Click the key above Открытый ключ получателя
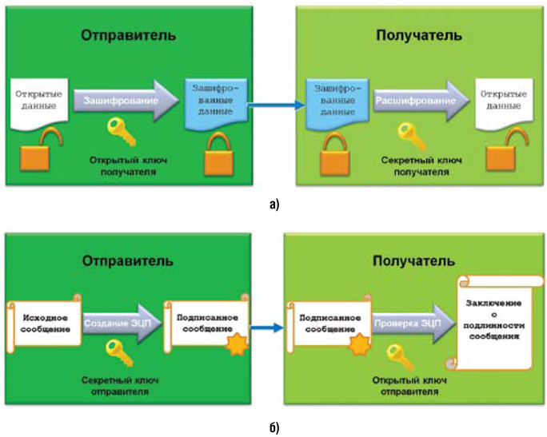click(118, 127)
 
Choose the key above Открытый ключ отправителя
click(397, 352)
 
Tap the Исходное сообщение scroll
click(43, 320)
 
